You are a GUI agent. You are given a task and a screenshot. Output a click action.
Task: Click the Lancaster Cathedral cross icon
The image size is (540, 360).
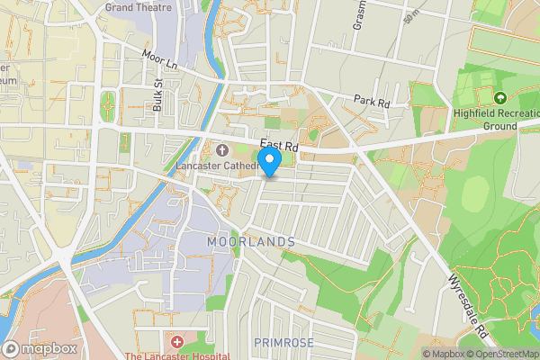pos(222,148)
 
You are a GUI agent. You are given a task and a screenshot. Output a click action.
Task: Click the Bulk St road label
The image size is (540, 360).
pos(157,94)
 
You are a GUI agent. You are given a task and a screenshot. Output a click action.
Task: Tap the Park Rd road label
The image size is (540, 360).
pos(371,101)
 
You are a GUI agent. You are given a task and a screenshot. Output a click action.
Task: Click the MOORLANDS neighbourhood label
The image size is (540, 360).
pos(251,242)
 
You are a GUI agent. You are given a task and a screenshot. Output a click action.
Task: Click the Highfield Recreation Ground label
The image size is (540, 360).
pos(487,120)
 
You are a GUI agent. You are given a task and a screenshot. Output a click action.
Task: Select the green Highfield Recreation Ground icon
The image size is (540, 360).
pos(500,97)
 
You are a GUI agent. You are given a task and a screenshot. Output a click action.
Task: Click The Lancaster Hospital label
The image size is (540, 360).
pos(177,355)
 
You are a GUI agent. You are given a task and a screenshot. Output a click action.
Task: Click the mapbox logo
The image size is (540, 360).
pos(40,348)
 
